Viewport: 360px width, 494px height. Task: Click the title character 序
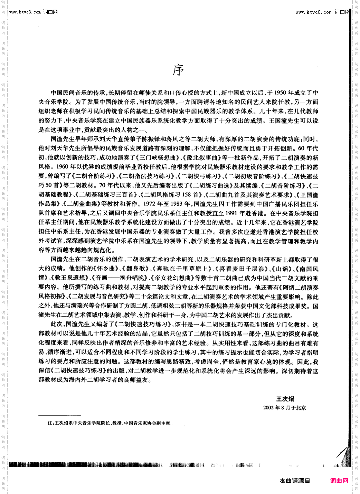178,70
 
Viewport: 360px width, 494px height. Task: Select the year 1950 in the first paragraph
280,93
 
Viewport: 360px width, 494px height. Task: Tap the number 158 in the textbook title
188,195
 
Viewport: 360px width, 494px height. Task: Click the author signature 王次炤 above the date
285,399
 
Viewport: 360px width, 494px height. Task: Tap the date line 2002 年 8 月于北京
285,408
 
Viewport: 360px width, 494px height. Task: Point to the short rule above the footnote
59,416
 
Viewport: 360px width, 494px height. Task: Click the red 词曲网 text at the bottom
339,481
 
